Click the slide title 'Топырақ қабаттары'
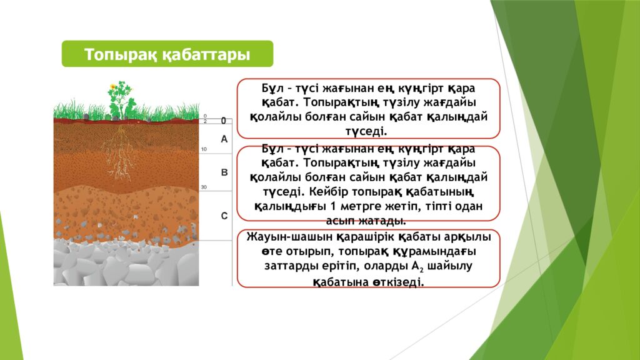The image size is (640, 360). tap(167, 54)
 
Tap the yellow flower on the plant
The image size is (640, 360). tap(113, 87)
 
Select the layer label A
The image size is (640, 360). tap(224, 139)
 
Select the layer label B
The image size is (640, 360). tap(224, 171)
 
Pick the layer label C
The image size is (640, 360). tap(224, 216)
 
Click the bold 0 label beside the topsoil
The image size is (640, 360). tap(223, 121)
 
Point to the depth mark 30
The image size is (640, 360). tap(204, 187)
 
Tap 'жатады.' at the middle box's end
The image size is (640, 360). tap(386, 221)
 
